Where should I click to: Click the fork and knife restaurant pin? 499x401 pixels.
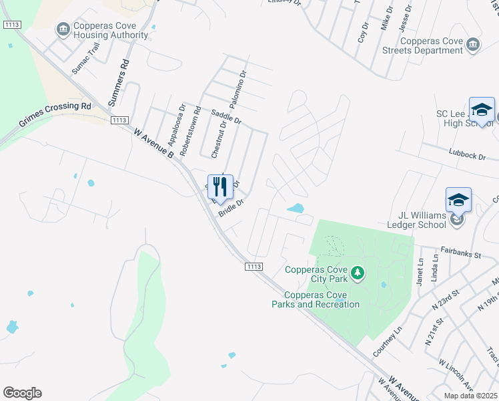tap(221, 186)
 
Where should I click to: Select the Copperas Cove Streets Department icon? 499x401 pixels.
tap(473, 44)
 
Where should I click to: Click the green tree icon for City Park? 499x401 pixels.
tap(358, 272)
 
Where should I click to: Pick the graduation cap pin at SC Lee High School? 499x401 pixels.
tap(481, 110)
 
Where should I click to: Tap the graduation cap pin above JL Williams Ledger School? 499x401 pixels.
tap(458, 199)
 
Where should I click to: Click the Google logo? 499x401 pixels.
tap(22, 393)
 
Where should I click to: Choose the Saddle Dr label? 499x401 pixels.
tap(225, 118)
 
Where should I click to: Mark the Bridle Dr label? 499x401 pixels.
tap(230, 209)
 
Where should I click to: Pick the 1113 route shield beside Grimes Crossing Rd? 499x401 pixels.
tap(119, 120)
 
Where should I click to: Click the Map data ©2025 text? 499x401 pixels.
tap(471, 395)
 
